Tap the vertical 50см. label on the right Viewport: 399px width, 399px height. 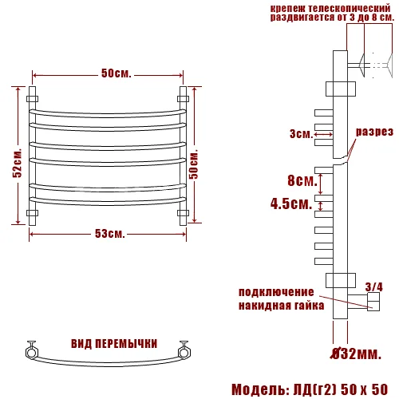coord(203,164)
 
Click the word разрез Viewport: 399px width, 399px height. coord(373,132)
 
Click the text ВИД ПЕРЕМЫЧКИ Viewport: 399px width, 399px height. coord(113,343)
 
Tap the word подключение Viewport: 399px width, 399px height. coord(281,291)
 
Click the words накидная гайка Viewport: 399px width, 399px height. coord(281,305)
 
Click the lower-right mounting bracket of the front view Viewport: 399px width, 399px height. coord(183,213)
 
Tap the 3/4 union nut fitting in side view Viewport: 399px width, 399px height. coord(370,301)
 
